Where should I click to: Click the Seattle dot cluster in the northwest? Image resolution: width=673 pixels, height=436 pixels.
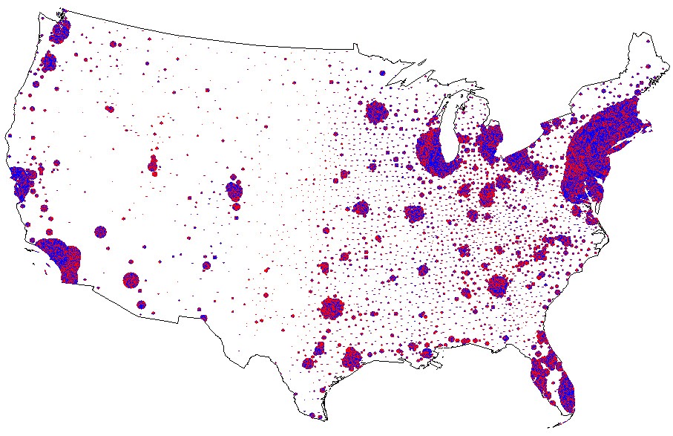click(60, 31)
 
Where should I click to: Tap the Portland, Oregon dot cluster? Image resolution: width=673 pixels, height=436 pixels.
click(49, 62)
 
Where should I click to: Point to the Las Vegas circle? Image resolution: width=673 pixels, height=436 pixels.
click(100, 232)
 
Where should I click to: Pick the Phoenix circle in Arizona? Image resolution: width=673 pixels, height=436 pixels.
click(131, 281)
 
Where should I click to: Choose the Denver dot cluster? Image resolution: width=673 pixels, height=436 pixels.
click(235, 191)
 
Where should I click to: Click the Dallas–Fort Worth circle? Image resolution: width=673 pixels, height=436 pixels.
click(332, 307)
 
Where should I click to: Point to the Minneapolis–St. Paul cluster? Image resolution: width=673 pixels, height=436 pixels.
click(377, 113)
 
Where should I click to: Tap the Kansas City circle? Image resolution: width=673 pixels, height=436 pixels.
click(361, 208)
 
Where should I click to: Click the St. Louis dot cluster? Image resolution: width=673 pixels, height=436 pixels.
click(414, 214)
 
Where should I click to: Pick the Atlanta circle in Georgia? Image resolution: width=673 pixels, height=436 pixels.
click(498, 284)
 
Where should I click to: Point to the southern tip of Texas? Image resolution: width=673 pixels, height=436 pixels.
click(324, 421)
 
